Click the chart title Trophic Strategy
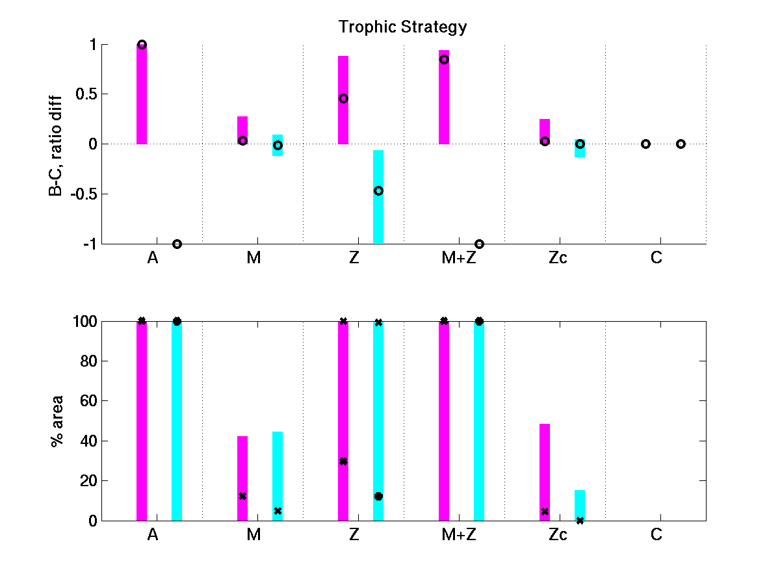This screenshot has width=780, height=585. (402, 27)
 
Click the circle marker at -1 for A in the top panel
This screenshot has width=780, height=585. (177, 244)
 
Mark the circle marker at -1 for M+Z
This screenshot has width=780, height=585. (479, 244)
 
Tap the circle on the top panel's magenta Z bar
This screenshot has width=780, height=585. (343, 99)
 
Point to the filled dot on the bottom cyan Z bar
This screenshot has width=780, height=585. (378, 496)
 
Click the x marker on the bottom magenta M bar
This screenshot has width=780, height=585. (242, 496)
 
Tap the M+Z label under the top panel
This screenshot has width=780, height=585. (455, 259)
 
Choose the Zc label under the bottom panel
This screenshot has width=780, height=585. (557, 535)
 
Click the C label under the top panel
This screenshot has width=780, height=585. (656, 259)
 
